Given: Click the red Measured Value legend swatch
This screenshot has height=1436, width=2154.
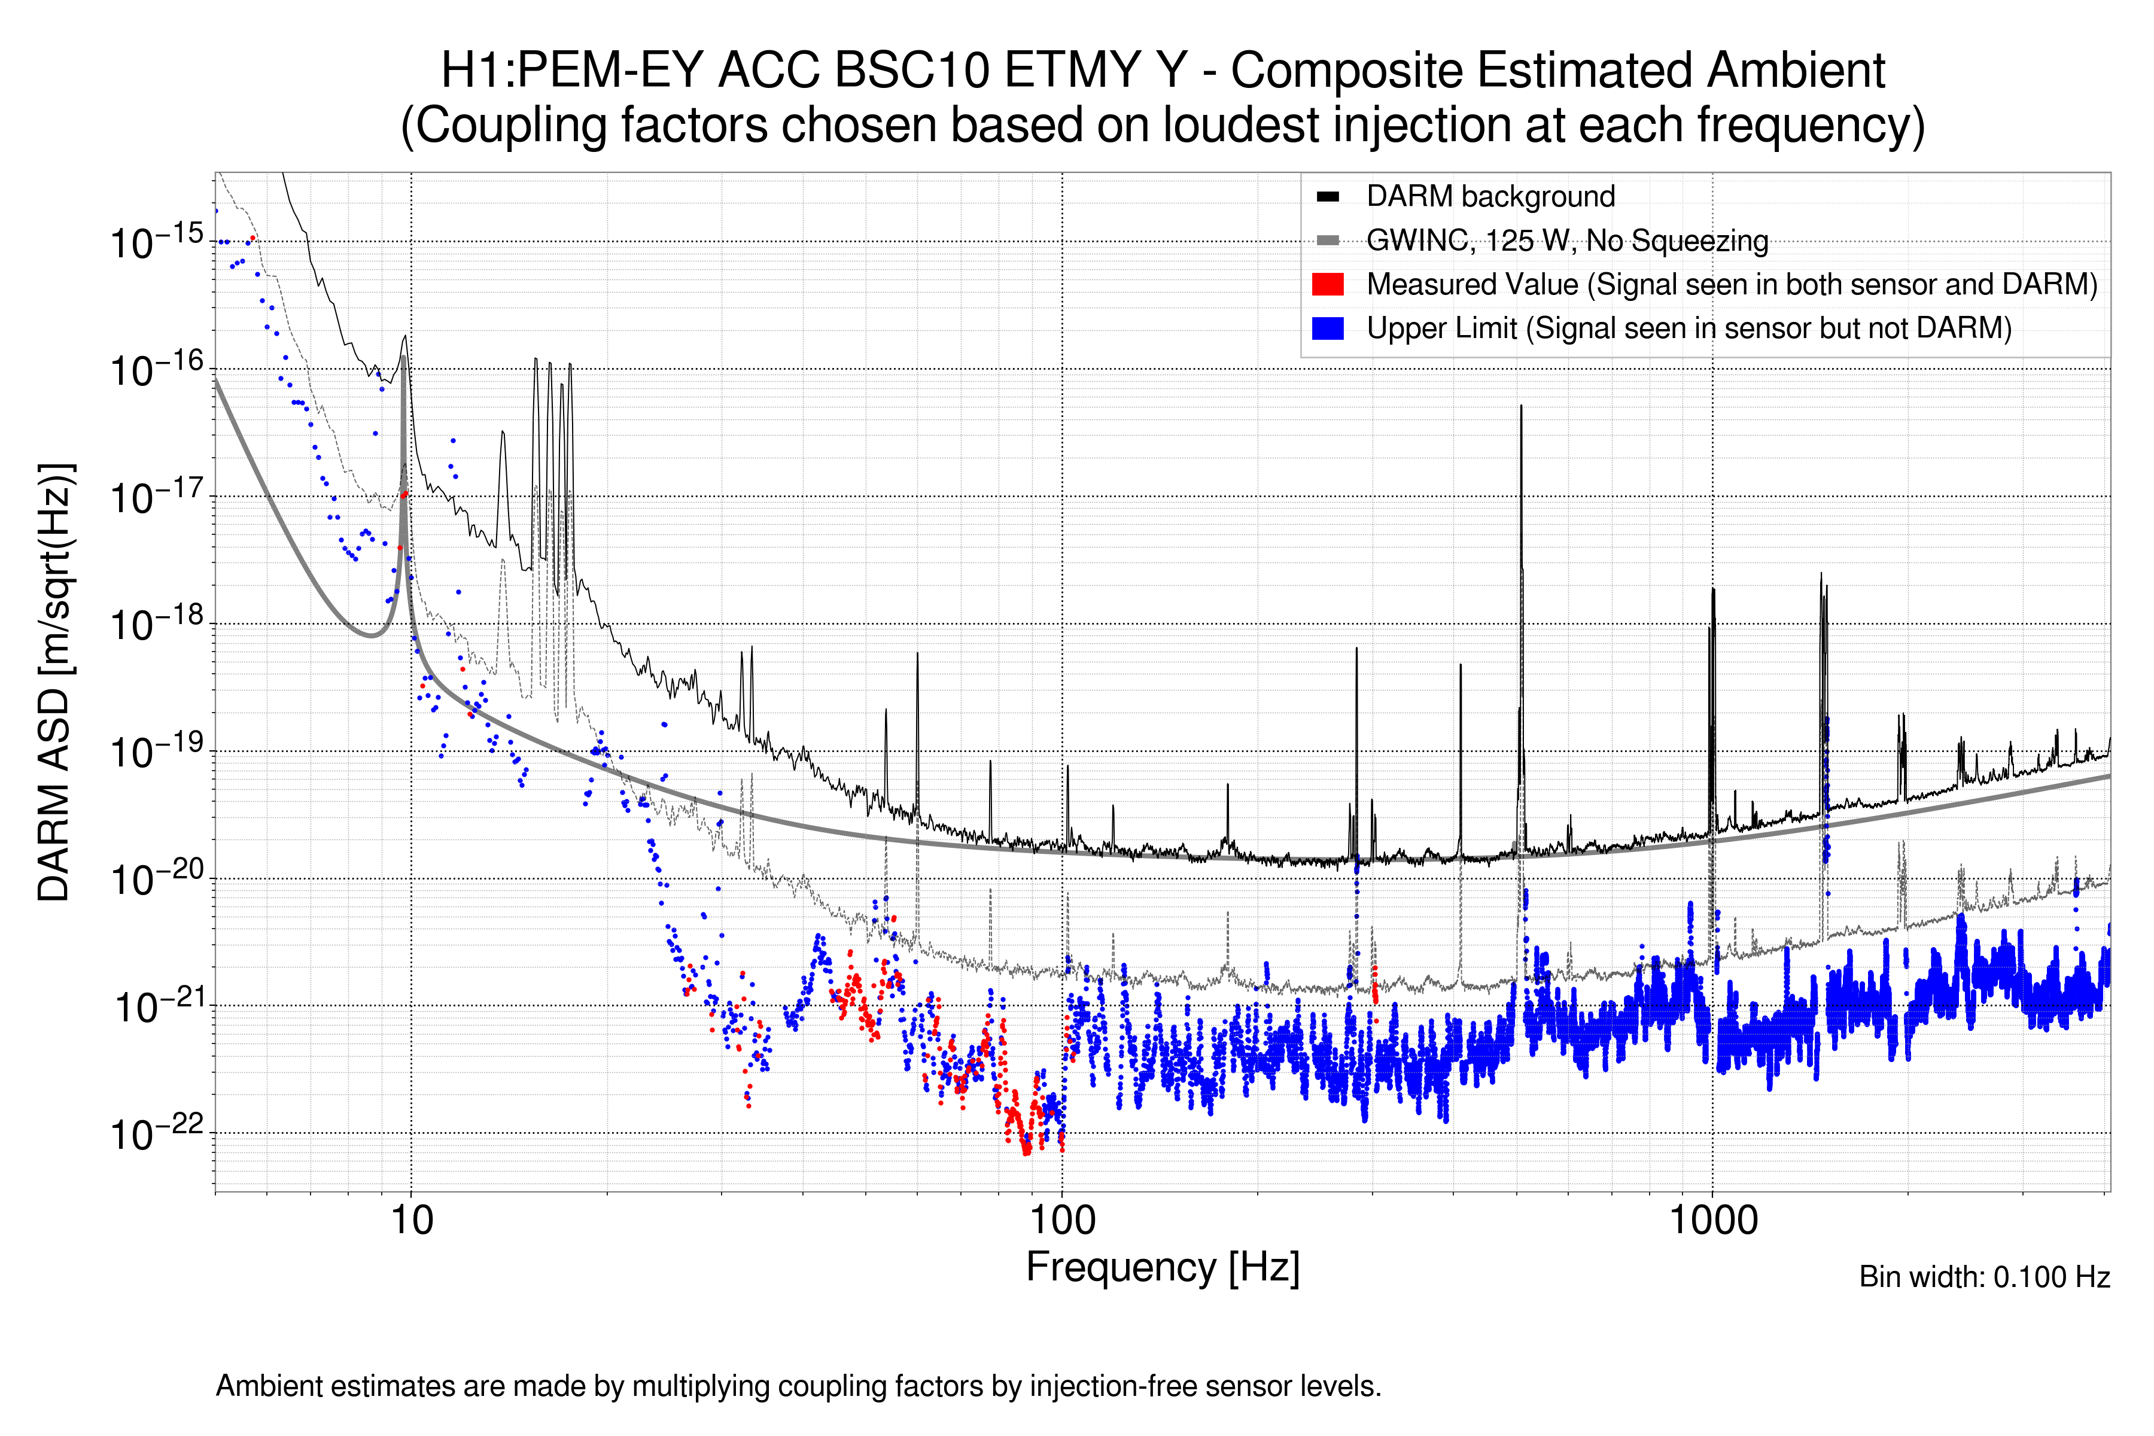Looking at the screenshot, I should [x=1327, y=284].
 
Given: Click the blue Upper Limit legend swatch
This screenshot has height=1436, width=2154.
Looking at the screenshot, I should [x=1327, y=328].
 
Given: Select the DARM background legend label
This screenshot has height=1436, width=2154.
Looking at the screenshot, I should [x=1490, y=196].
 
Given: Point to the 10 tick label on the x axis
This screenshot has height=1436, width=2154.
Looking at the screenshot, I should [x=411, y=1221].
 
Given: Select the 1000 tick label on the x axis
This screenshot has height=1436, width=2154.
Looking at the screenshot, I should [x=1712, y=1221].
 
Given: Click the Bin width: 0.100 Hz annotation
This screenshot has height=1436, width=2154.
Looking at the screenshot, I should [x=1983, y=1277].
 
